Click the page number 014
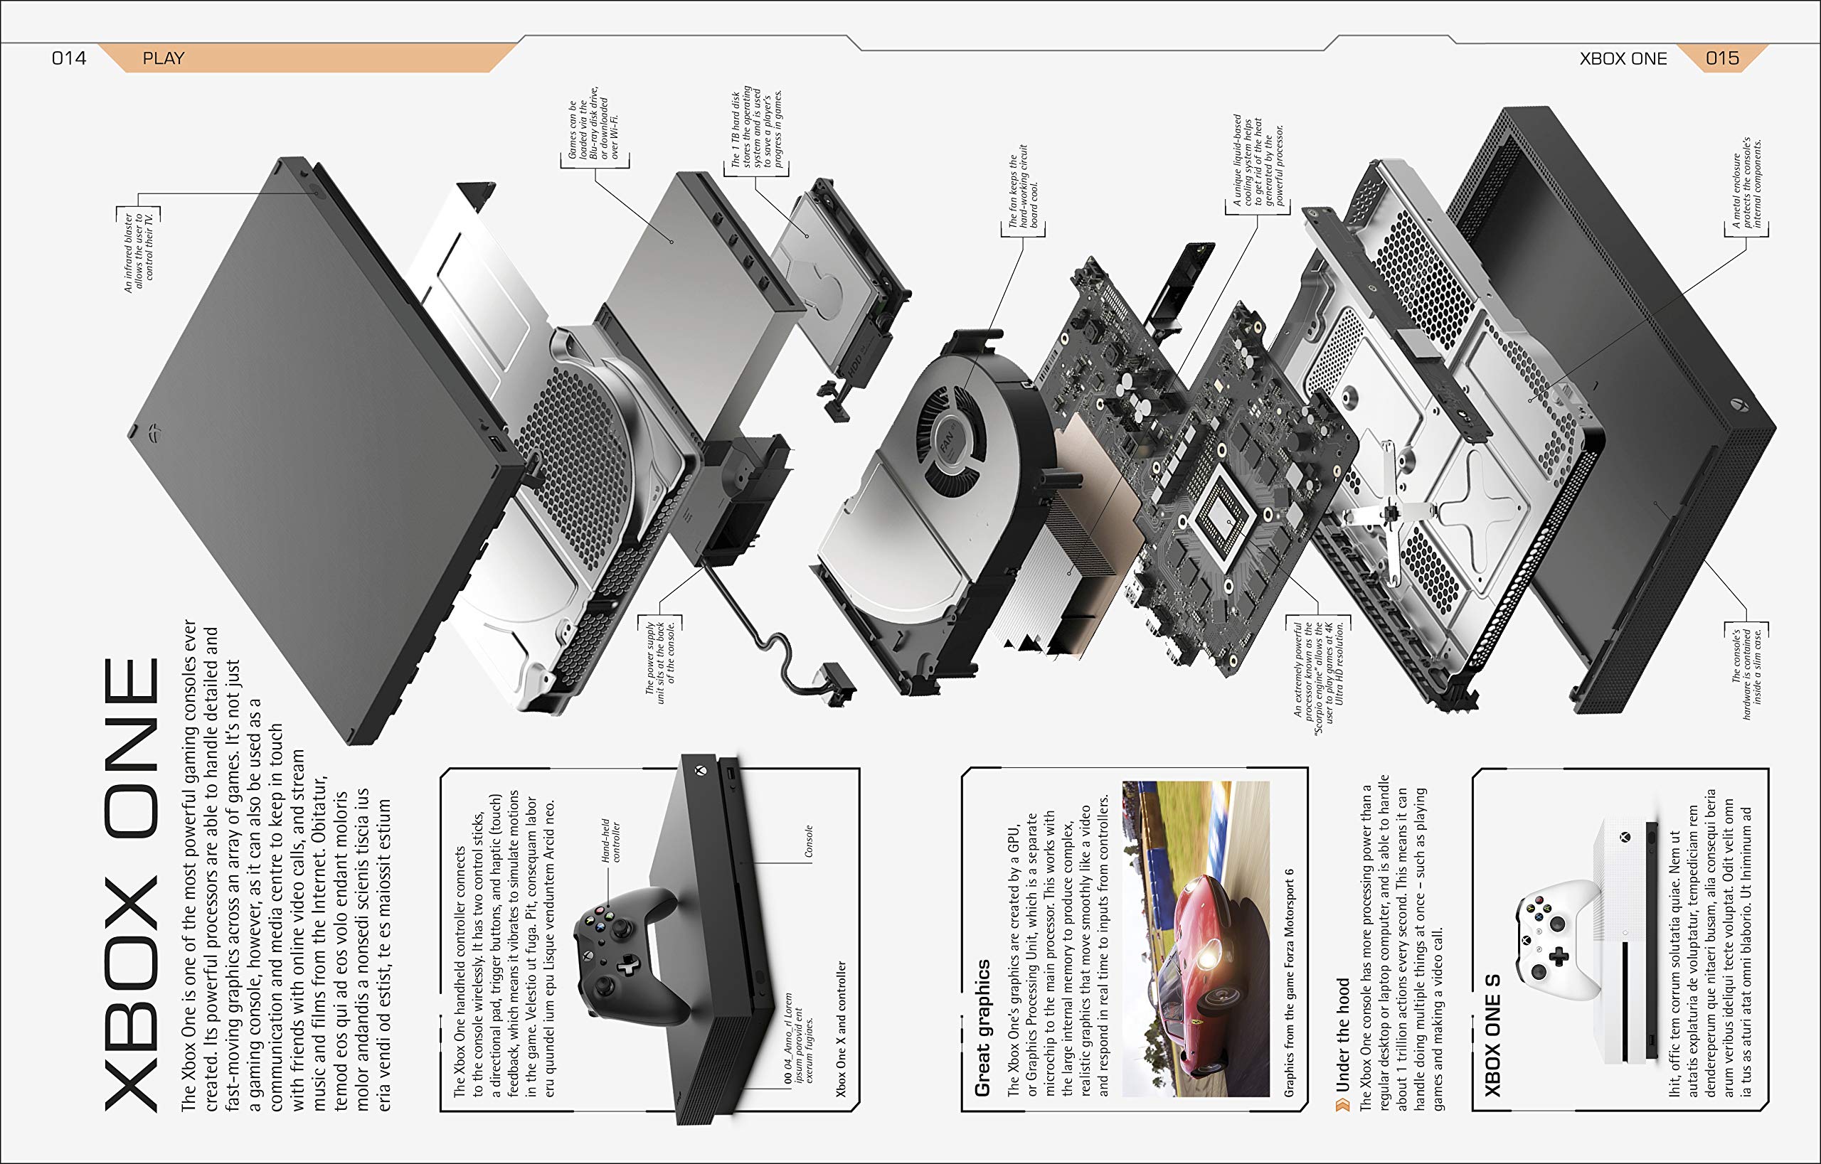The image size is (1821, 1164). click(x=69, y=58)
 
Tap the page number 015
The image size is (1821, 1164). click(x=1722, y=58)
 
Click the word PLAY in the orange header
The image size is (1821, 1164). click(x=164, y=58)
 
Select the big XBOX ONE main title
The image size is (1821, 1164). click(x=132, y=885)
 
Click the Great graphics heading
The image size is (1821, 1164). click(x=982, y=1028)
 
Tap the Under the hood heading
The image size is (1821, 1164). click(x=1343, y=1035)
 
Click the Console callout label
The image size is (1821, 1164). click(x=808, y=840)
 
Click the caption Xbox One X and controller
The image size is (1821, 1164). click(x=841, y=1029)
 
